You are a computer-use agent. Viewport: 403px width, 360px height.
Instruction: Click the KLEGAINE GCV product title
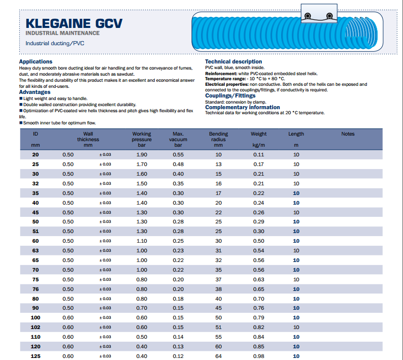click(x=74, y=23)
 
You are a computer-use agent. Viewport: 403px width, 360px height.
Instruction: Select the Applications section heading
click(x=36, y=62)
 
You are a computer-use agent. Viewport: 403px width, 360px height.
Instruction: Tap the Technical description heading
click(x=233, y=61)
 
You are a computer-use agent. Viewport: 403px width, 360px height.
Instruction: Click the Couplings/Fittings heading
click(x=230, y=95)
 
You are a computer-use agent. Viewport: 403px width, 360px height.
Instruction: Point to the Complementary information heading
click(x=242, y=107)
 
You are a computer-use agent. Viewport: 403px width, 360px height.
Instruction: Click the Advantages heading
click(x=35, y=92)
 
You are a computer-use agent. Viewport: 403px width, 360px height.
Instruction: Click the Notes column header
click(x=348, y=134)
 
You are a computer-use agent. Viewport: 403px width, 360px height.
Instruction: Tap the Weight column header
click(x=258, y=134)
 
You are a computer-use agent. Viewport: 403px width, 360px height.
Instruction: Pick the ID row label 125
click(x=35, y=356)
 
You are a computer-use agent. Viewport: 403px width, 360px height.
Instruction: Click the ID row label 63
click(x=35, y=251)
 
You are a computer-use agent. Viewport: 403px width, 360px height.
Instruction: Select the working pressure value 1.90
click(x=142, y=154)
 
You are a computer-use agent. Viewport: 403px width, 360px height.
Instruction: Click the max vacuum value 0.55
click(x=178, y=154)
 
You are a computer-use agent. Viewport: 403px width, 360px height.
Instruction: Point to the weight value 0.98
click(x=258, y=356)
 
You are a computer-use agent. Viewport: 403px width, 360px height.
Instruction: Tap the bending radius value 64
click(x=218, y=356)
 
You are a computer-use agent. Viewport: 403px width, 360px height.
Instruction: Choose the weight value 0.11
click(x=258, y=154)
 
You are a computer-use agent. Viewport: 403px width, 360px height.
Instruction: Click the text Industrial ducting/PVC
click(x=55, y=43)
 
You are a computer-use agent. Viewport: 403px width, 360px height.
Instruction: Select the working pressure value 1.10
click(x=142, y=241)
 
